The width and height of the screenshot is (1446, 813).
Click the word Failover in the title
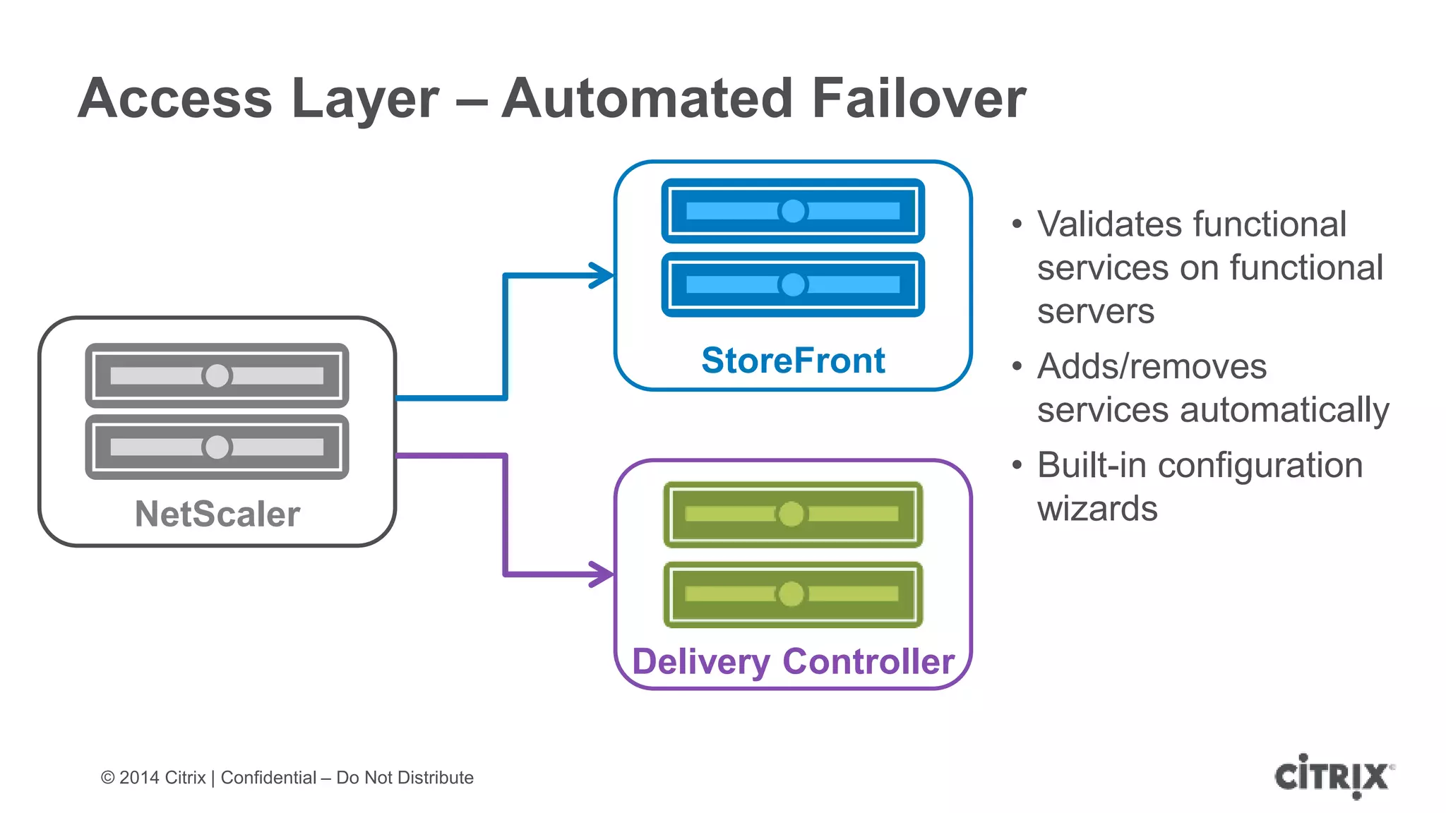[x=918, y=99]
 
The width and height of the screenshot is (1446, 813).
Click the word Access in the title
[x=175, y=99]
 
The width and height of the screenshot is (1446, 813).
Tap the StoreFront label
[x=793, y=361]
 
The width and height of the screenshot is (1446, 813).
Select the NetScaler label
[x=217, y=514]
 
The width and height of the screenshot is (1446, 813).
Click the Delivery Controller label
[x=793, y=661]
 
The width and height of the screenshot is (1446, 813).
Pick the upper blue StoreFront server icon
[x=793, y=211]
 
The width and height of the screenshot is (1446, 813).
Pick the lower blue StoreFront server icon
[x=793, y=284]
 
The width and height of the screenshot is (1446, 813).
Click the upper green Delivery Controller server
[x=793, y=514]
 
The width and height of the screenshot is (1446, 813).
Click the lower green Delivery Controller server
[x=793, y=594]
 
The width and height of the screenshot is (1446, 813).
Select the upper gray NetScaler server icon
[x=217, y=375]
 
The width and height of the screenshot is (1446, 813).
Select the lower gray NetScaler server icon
[x=217, y=447]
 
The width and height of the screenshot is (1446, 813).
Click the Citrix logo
[x=1333, y=776]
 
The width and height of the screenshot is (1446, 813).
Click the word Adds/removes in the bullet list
[x=1152, y=366]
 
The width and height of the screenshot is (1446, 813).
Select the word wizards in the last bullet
[x=1097, y=509]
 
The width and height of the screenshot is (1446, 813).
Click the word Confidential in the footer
[x=268, y=778]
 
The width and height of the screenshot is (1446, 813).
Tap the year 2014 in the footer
[x=139, y=778]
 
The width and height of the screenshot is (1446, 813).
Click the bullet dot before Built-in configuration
[x=1017, y=465]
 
